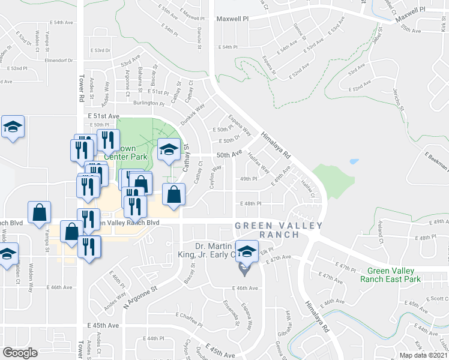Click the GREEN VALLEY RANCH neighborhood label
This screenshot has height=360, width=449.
[x=279, y=230]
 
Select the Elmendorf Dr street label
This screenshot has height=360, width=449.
[x=58, y=61]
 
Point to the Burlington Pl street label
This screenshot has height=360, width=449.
[x=149, y=103]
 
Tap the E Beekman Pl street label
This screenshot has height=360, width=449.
[x=435, y=161]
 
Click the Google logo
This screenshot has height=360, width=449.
[x=20, y=353]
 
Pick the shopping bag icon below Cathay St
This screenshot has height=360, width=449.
[x=173, y=194]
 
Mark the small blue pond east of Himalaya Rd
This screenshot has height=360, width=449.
[x=354, y=161]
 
